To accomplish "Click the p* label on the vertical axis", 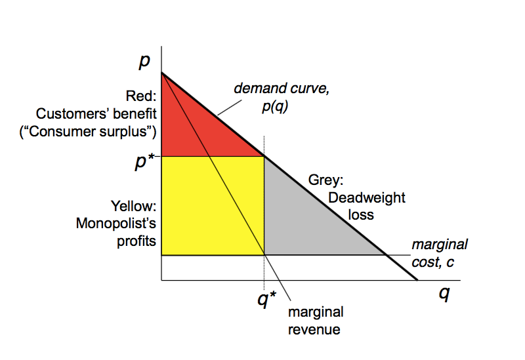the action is [x=144, y=162].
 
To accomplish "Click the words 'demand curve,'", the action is [x=282, y=89].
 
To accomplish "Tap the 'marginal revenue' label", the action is [x=315, y=321].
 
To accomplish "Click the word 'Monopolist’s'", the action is [x=116, y=224].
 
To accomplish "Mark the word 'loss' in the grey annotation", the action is [x=360, y=214].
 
